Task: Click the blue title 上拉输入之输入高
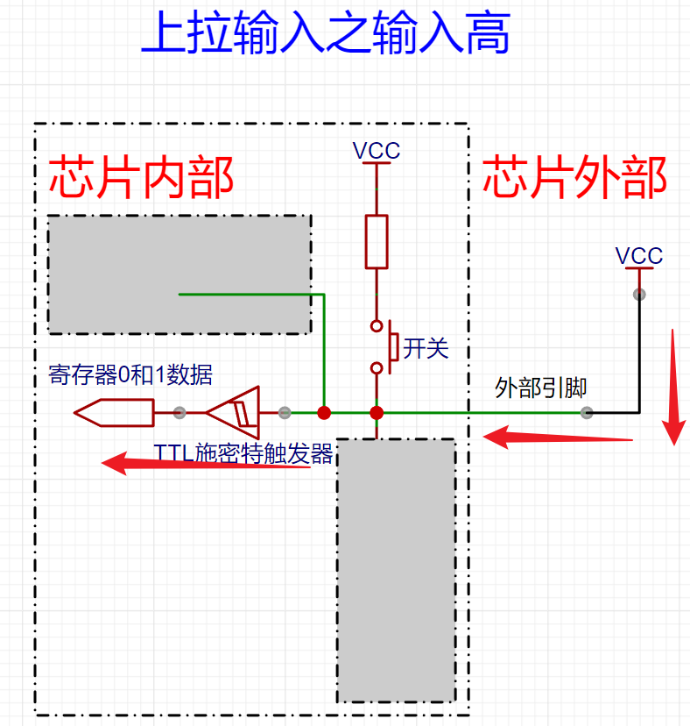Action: (325, 34)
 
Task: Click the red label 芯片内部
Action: (140, 178)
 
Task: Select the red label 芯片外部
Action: (574, 178)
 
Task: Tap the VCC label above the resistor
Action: (377, 151)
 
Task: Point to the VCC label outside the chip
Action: (639, 256)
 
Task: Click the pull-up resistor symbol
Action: (377, 241)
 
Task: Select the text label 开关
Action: (426, 348)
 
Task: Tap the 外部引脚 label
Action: (540, 388)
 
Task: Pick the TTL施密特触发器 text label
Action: (243, 453)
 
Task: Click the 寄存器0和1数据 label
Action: (130, 374)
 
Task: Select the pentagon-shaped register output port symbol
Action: (113, 412)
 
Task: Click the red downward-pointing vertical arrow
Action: (673, 387)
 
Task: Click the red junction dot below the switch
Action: (377, 413)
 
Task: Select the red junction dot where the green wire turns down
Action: (324, 413)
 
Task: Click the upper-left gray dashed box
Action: (179, 274)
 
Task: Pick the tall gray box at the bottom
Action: (397, 570)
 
